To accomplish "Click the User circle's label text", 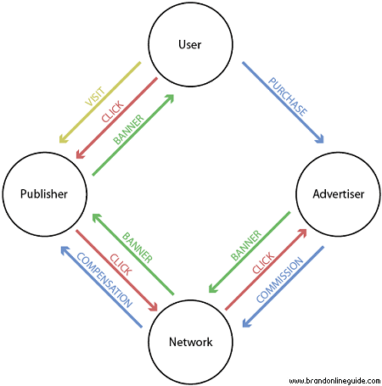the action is (x=190, y=44).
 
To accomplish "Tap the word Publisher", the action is (x=44, y=194).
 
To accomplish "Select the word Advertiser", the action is (x=339, y=194).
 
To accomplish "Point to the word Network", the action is (x=191, y=342).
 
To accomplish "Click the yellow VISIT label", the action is (x=96, y=97).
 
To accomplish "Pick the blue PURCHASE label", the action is (x=288, y=97).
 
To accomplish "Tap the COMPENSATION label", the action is (x=104, y=280).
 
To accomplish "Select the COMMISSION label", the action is (x=279, y=280).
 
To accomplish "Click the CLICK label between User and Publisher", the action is (x=113, y=111).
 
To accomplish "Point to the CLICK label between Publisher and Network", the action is (x=121, y=265).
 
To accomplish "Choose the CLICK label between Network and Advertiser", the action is (x=263, y=263).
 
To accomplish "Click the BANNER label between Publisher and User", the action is (x=128, y=130).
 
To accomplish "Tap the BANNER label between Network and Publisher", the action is (x=138, y=248).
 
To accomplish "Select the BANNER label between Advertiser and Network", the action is (x=246, y=245).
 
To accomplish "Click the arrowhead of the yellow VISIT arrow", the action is (x=63, y=139).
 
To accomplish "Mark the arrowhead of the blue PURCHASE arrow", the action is (x=320, y=139).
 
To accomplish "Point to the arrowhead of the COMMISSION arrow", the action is (x=246, y=323).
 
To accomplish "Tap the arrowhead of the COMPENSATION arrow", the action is (x=65, y=250).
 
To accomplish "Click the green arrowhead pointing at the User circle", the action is (x=170, y=98).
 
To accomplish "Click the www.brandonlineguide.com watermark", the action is (x=334, y=381).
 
